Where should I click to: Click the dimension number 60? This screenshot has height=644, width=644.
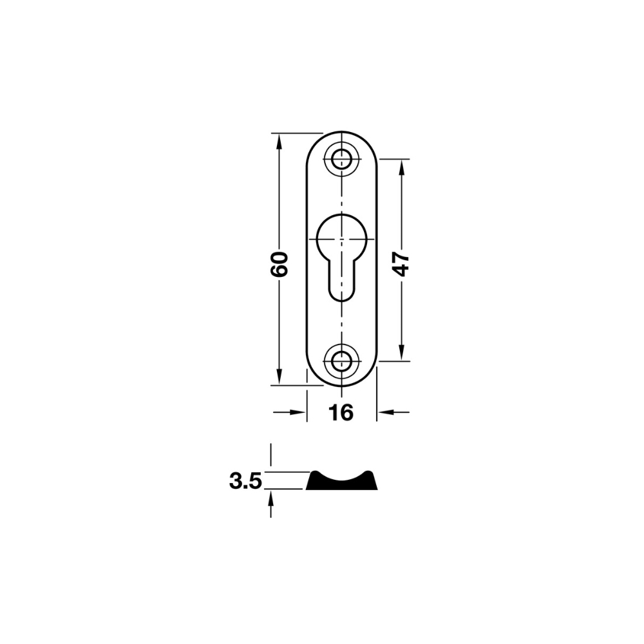[x=279, y=264]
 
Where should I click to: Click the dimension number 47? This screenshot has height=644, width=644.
[x=401, y=265]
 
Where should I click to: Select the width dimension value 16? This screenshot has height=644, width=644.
[x=341, y=413]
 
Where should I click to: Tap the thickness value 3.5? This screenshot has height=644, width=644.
[x=245, y=481]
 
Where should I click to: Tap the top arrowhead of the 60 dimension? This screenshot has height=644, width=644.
[x=279, y=142]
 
